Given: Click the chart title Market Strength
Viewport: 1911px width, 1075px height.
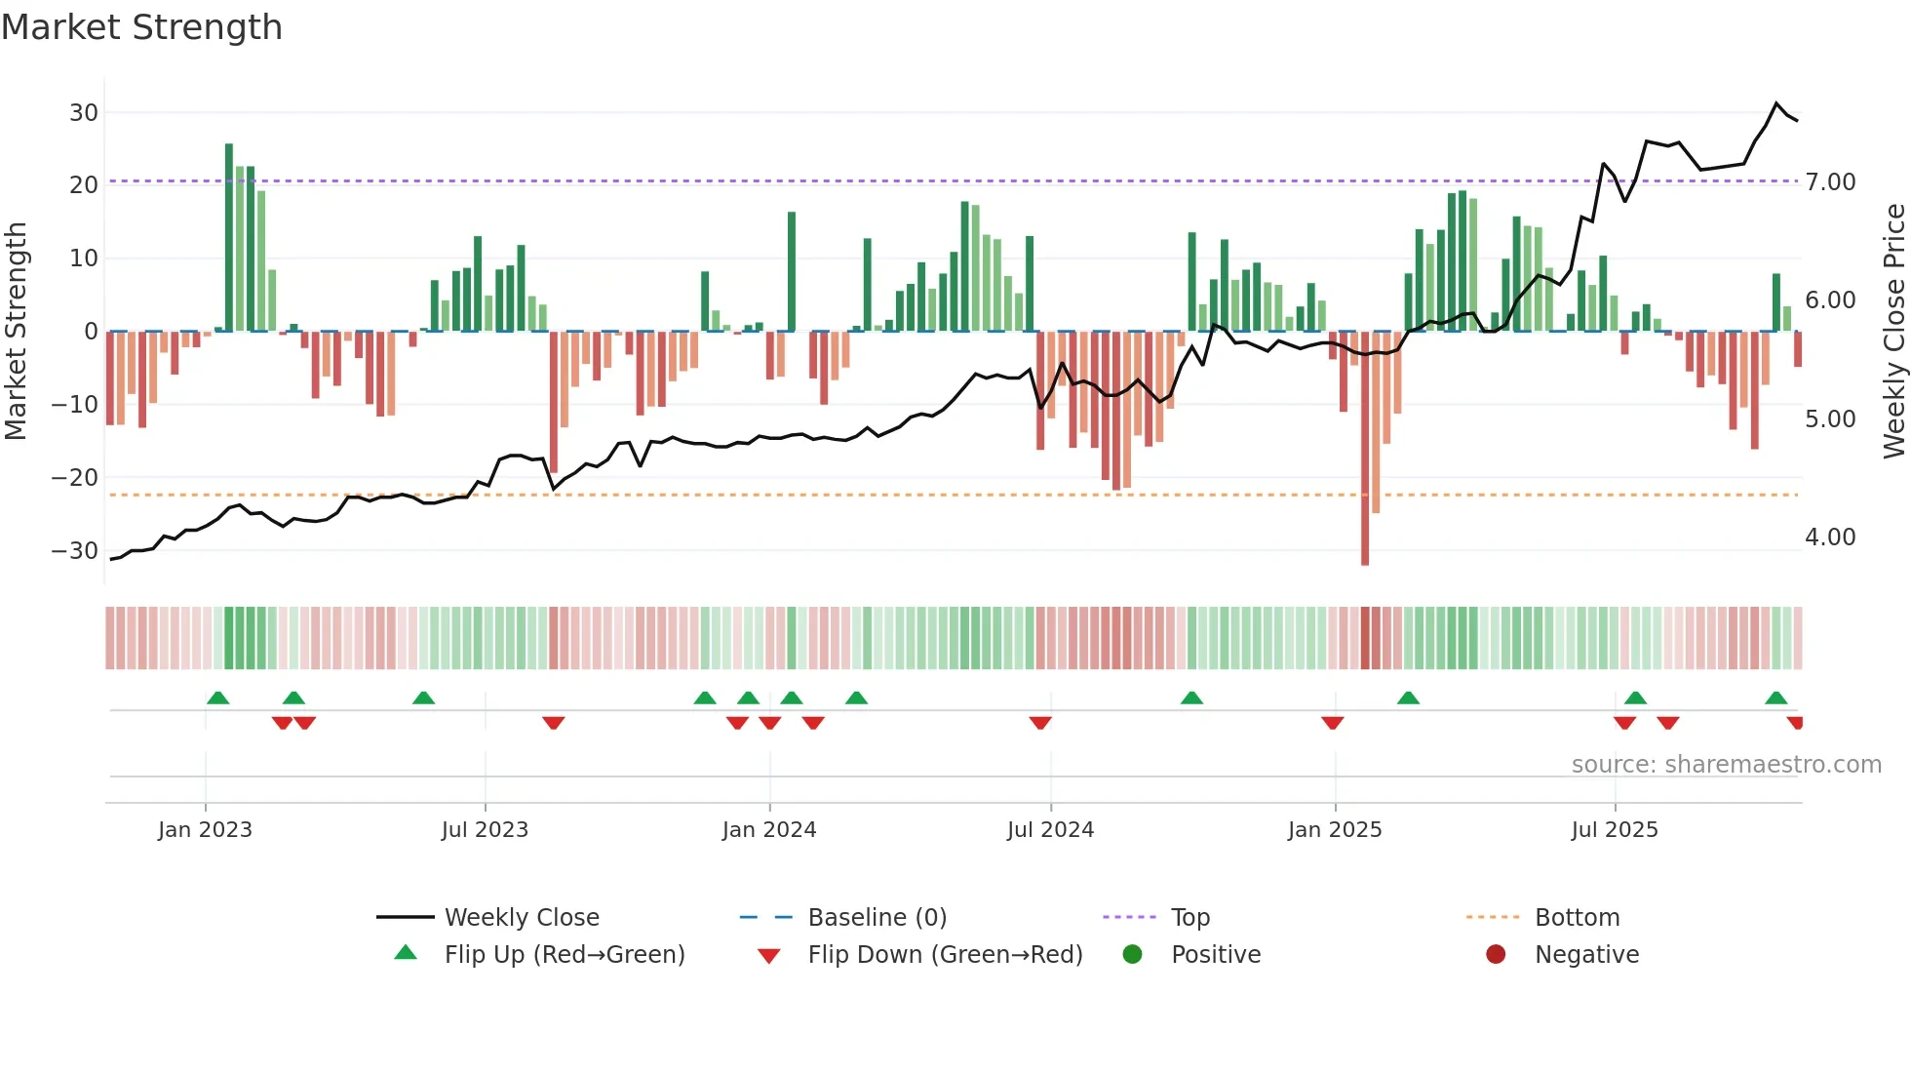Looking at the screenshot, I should coord(141,27).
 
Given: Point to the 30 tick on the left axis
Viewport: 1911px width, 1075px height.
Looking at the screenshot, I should coord(84,112).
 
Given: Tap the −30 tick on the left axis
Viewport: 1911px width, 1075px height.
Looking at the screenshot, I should coord(75,550).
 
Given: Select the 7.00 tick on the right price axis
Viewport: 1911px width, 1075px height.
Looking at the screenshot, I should coord(1830,182).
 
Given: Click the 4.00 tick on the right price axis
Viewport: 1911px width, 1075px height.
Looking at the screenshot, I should coord(1830,537).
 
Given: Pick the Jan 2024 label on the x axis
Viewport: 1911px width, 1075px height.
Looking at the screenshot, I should coord(769,830).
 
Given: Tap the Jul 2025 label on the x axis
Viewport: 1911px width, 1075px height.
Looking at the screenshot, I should coord(1615,830).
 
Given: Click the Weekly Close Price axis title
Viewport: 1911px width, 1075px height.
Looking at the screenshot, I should coord(1893,331).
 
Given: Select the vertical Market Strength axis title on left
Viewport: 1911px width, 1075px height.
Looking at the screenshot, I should coord(16,331).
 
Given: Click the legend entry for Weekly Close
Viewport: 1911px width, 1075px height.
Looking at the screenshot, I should coord(522,918).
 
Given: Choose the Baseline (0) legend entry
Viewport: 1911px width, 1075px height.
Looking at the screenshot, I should coord(877,918).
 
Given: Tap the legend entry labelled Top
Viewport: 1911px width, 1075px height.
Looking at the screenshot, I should coord(1189,918).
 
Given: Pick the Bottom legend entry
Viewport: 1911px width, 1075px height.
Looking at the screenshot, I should coord(1577,918).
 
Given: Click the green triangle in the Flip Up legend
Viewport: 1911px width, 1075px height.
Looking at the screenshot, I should coord(406,953).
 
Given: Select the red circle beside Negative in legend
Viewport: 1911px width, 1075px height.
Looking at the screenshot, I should coord(1496,954).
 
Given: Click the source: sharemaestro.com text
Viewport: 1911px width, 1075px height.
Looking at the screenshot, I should coord(1726,765).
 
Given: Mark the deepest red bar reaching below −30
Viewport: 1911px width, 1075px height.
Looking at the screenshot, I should coord(1365,449).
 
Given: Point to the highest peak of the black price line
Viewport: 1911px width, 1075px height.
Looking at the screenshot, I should coord(1776,103).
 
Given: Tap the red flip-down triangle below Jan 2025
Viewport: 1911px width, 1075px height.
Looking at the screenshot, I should coord(1333,723).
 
